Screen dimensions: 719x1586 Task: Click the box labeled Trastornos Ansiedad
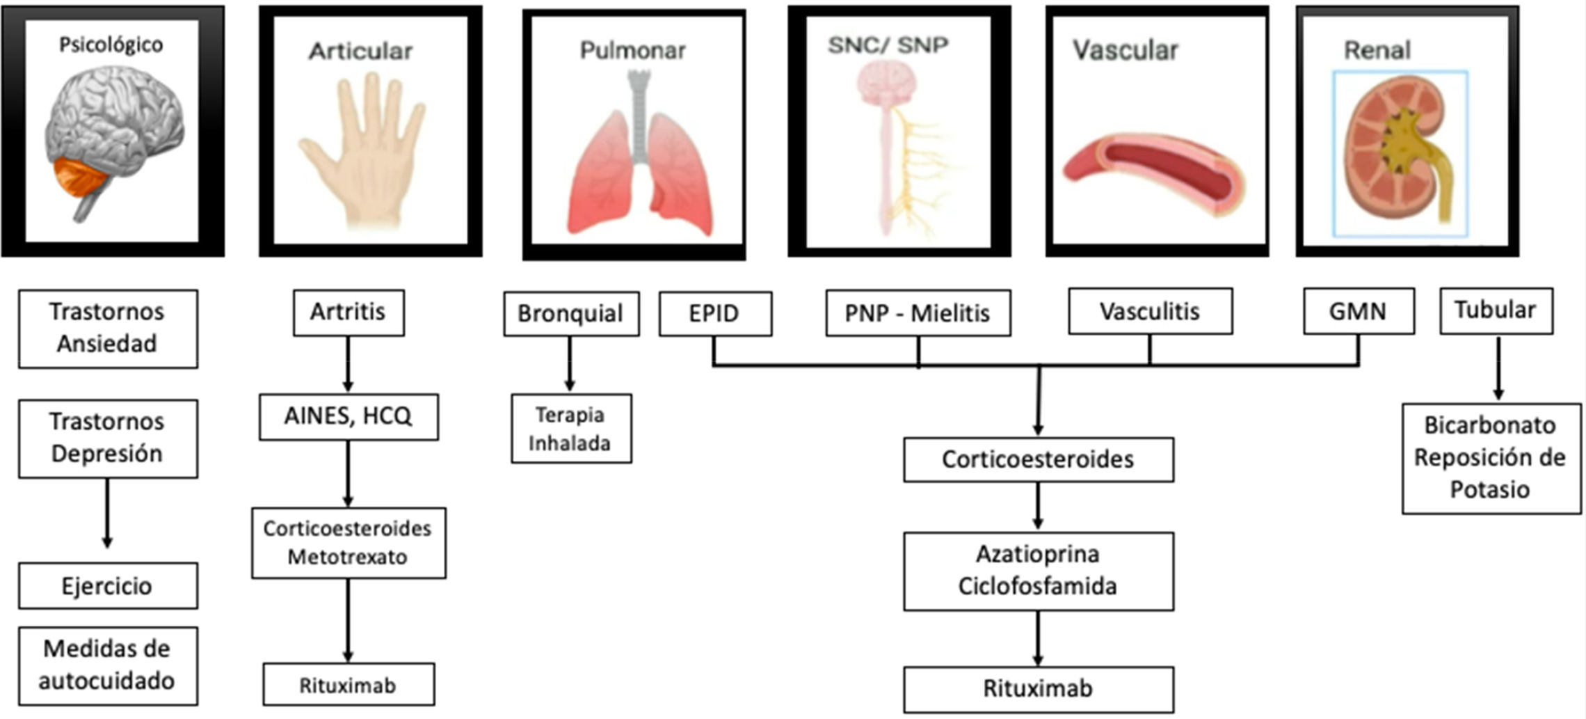pos(108,329)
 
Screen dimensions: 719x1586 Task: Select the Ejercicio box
pos(108,586)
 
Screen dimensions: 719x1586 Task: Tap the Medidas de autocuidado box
pos(108,665)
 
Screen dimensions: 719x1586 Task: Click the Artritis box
pos(348,313)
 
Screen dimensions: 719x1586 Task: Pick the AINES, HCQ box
pos(349,416)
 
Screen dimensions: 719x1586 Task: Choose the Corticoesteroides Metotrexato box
pos(349,543)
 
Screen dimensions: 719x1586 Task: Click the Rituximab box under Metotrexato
pos(349,685)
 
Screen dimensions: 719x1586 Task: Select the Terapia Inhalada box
pos(571,429)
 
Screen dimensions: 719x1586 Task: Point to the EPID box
pos(715,313)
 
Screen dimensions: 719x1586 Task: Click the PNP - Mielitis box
pos(918,313)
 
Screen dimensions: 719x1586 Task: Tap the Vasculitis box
pos(1150,311)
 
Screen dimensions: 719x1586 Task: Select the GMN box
pos(1358,311)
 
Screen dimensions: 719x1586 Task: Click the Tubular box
pos(1496,310)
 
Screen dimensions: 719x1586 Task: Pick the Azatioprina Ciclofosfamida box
pos(1038,571)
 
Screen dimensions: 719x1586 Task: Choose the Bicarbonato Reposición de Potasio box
pos(1491,458)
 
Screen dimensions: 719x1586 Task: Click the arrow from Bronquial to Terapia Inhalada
pos(570,364)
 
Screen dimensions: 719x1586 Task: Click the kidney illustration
pos(1398,153)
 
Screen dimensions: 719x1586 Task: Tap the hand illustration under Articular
pos(362,153)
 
